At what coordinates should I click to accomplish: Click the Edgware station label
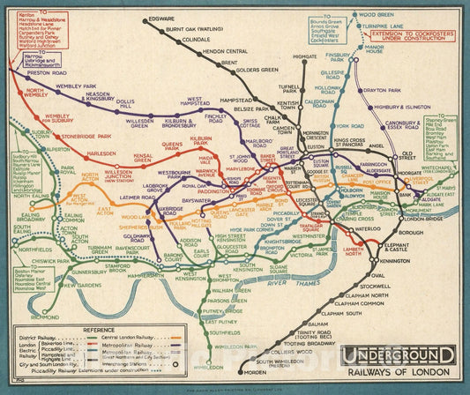(161, 19)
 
